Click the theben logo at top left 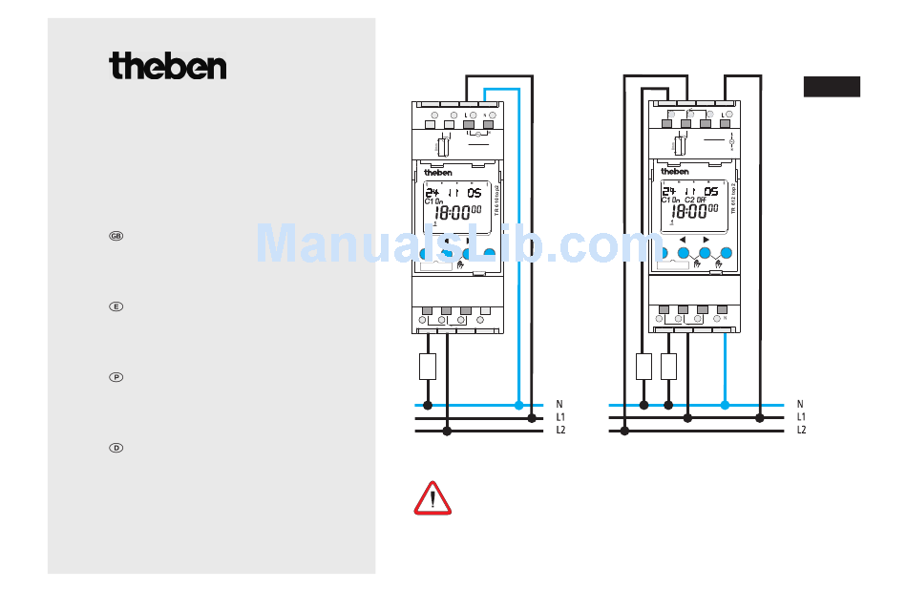pos(168,66)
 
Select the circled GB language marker pos(116,236)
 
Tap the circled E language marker pos(116,306)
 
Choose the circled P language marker pos(116,377)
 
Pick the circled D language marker pos(116,448)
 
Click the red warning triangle pos(432,498)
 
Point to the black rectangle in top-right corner pos(831,87)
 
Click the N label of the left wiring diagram pos(559,405)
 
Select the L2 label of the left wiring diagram pos(561,431)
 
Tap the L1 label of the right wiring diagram pos(802,417)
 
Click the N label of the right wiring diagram pos(800,405)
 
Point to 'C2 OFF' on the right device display pos(695,200)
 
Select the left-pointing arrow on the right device pos(683,240)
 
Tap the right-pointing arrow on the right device pos(706,240)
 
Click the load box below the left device pos(428,367)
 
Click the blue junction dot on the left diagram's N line pos(518,405)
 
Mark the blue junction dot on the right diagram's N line pos(725,405)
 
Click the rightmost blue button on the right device pos(726,253)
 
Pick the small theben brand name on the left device pos(437,172)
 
